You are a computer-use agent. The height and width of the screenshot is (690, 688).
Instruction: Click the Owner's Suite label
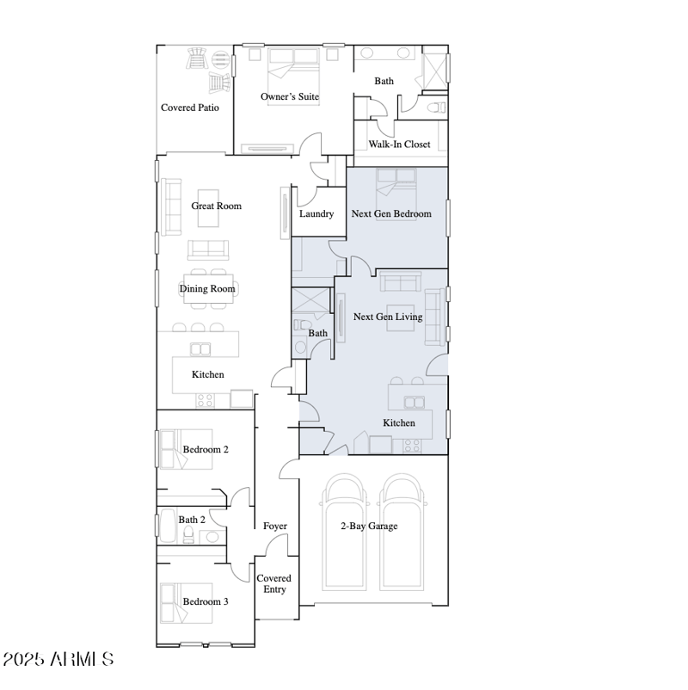290,96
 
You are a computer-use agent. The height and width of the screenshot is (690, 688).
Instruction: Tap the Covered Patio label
190,108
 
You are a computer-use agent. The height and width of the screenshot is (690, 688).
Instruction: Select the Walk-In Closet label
399,144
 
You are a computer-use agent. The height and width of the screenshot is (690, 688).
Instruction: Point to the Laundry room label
316,213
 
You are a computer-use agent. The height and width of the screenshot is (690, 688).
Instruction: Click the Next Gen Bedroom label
391,213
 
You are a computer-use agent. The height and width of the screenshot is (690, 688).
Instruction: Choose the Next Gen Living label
388,317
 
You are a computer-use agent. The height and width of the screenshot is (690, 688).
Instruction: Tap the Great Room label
216,206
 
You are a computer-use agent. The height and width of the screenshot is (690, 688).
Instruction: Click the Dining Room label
207,288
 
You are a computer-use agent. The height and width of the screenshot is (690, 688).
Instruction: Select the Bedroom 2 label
206,449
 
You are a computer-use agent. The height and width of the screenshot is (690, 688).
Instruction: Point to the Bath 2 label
192,520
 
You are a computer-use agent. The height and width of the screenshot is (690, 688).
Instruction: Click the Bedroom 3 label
206,601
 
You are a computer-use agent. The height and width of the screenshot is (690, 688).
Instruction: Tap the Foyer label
275,526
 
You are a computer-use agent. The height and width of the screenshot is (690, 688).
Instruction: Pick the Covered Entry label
275,583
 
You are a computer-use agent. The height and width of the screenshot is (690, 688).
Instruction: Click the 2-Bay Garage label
369,526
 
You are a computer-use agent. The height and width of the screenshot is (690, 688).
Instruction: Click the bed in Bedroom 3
185,602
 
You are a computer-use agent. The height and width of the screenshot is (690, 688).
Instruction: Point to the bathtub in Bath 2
168,526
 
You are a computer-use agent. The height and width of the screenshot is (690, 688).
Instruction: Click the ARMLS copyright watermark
58,660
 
